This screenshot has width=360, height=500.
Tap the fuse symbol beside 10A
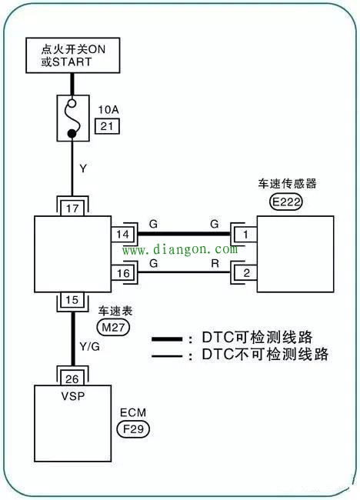click(72, 118)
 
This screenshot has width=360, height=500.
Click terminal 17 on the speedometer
click(72, 207)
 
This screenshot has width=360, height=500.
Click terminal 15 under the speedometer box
click(72, 301)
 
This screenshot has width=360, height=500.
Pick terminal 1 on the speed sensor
click(246, 233)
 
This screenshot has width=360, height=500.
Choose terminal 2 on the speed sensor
click(246, 272)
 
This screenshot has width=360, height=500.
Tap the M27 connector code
click(113, 326)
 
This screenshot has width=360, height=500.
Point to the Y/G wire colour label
click(89, 346)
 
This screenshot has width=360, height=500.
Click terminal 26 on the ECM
click(72, 377)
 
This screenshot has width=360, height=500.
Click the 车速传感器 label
click(288, 185)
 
